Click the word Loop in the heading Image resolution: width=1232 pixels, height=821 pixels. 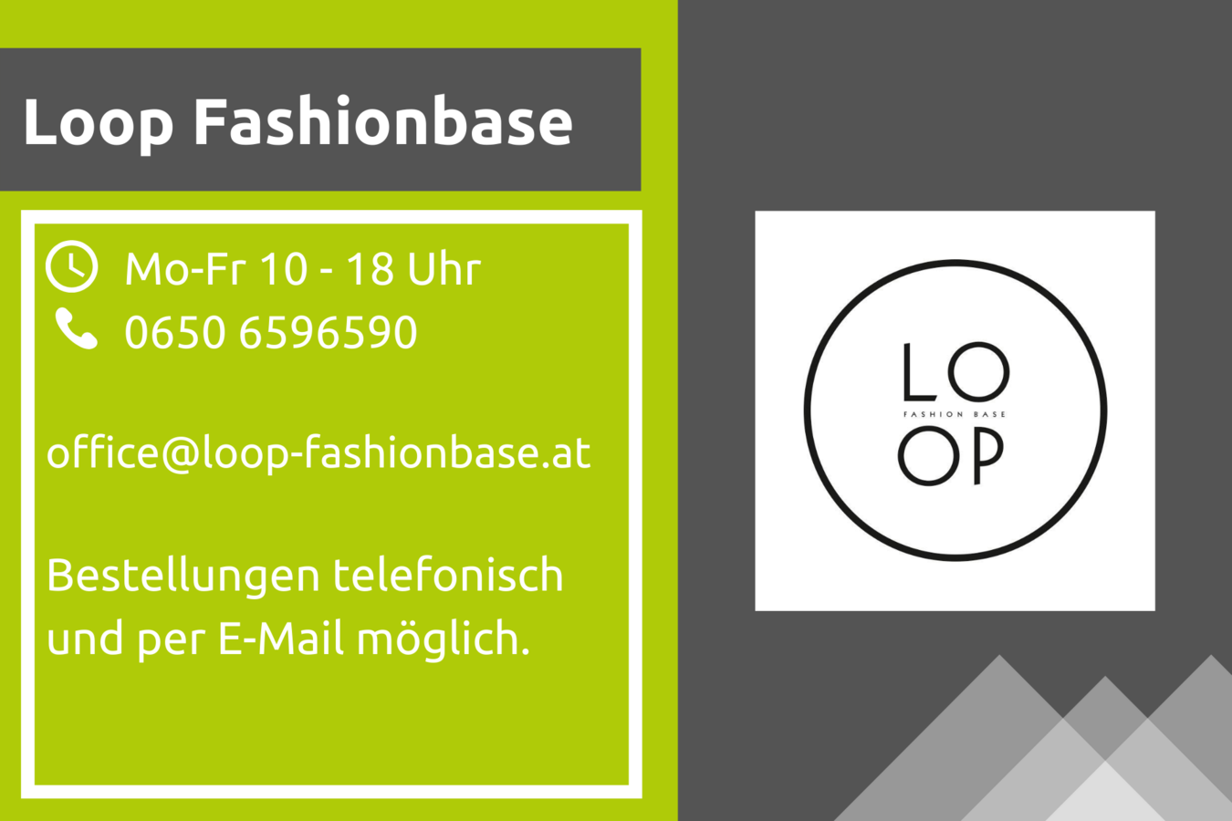pyautogui.click(x=98, y=124)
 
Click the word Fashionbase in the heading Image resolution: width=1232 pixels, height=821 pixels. pyautogui.click(x=383, y=121)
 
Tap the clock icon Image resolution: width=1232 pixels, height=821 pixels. pyautogui.click(x=71, y=266)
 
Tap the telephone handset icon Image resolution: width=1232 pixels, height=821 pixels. pyautogui.click(x=77, y=328)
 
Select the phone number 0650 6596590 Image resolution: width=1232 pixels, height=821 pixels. pyautogui.click(x=271, y=332)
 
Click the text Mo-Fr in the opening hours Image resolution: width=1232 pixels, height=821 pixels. pyautogui.click(x=184, y=269)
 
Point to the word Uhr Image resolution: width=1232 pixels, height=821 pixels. pyautogui.click(x=444, y=269)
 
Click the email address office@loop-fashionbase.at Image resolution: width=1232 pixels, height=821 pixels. pyautogui.click(x=318, y=452)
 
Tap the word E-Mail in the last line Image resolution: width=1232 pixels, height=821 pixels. pyautogui.click(x=281, y=638)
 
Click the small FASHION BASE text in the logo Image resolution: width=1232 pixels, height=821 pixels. pyautogui.click(x=955, y=414)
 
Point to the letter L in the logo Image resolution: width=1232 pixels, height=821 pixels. pyautogui.click(x=920, y=371)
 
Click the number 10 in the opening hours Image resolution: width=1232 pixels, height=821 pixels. pyautogui.click(x=283, y=269)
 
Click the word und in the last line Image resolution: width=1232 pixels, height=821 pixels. pyautogui.click(x=85, y=638)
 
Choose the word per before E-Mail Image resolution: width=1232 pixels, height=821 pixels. pyautogui.click(x=171, y=642)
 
